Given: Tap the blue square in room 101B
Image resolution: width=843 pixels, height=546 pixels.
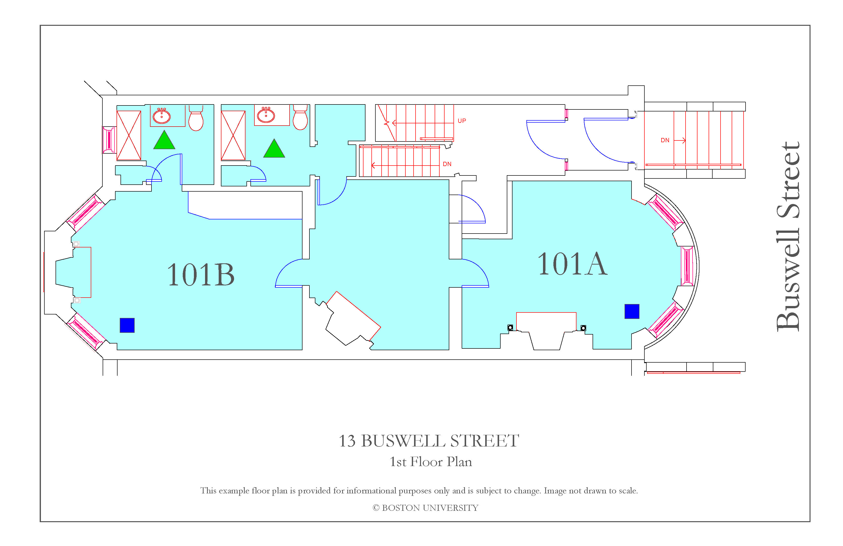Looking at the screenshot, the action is point(127,325).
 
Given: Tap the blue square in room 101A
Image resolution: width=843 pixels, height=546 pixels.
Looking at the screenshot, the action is point(632,311).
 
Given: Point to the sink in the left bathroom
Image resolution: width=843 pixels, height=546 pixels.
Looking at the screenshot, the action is point(161,116).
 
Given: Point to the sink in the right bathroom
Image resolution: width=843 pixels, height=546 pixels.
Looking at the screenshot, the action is point(266,115).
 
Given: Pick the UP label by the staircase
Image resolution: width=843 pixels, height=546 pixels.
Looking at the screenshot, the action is point(462,121).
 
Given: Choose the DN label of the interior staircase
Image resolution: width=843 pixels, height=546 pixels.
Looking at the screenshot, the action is point(447,164).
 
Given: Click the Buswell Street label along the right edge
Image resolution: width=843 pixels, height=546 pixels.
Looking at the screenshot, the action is point(788,237).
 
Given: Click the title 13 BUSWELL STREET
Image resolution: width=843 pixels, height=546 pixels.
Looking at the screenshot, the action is point(429,441).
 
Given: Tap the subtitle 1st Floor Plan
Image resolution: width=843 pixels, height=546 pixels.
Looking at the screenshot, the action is point(431,462).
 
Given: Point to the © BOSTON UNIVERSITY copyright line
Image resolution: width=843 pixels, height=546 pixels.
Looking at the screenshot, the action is point(425,508).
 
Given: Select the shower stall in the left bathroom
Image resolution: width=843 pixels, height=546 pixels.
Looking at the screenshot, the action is point(129,136).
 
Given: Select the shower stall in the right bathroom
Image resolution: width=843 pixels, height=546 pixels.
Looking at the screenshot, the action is point(233,136).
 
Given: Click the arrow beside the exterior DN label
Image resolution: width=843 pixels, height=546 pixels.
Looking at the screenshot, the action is point(680,140).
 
